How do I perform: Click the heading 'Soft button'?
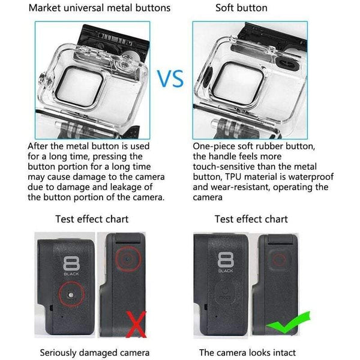241,8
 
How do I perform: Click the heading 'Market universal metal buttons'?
100,8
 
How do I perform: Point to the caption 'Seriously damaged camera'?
95,353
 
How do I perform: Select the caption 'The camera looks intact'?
248,353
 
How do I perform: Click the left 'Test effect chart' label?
92,219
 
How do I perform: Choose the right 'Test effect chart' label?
251,219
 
